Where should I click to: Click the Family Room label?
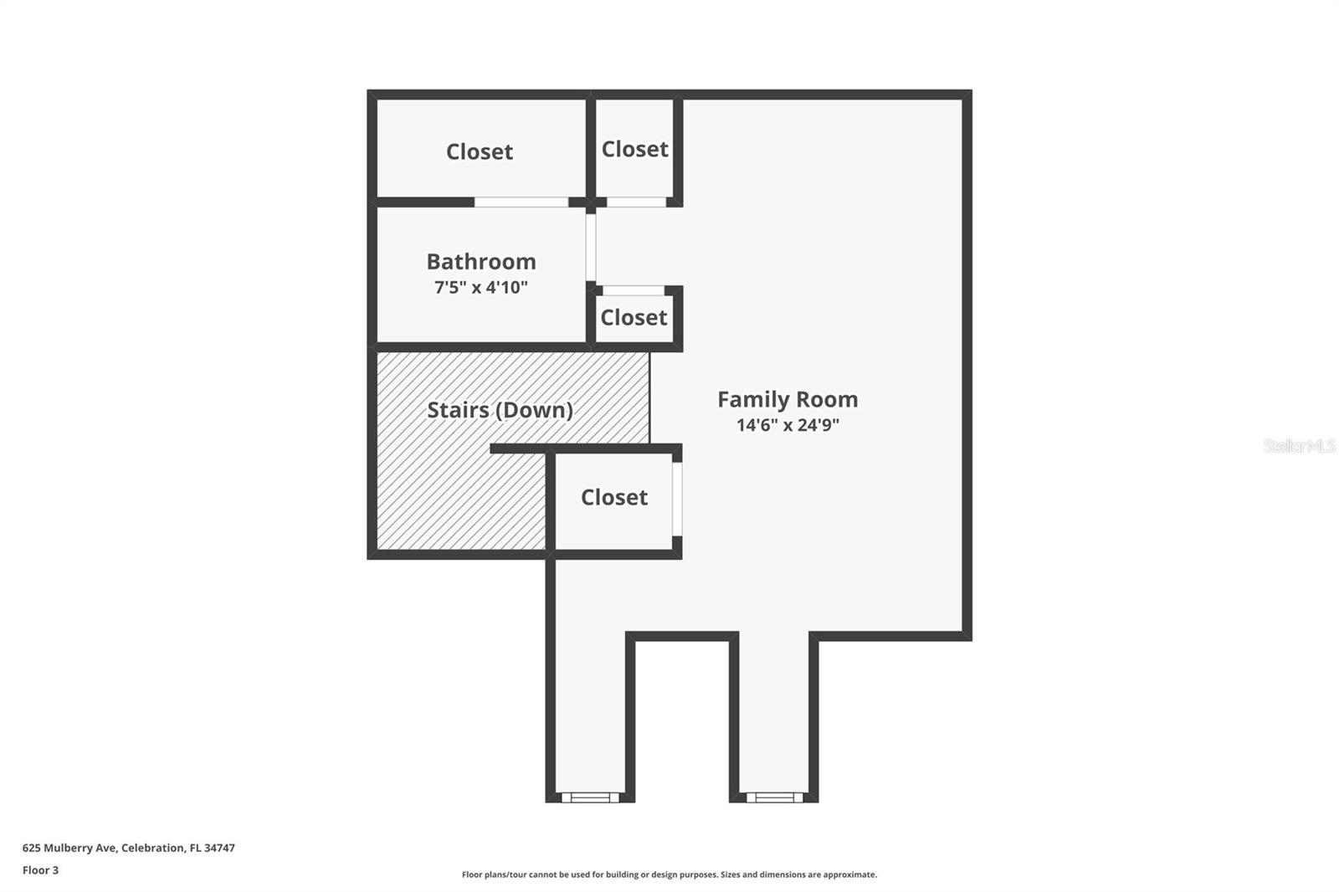(x=787, y=400)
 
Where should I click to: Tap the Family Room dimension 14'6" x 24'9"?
(x=787, y=425)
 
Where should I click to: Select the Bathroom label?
(x=481, y=262)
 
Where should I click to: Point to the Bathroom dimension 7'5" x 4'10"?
(x=481, y=288)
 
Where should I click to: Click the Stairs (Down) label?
(x=500, y=410)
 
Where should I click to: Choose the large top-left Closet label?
(x=480, y=151)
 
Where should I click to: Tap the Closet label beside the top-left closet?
(x=634, y=149)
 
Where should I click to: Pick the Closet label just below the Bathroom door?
(x=634, y=318)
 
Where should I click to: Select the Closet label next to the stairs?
(x=614, y=498)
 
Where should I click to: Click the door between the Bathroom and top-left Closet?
(x=521, y=202)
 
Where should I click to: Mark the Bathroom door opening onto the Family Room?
(x=591, y=248)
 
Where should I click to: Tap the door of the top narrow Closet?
(x=636, y=202)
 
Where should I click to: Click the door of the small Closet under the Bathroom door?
(x=634, y=290)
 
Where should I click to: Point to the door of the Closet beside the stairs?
(x=676, y=498)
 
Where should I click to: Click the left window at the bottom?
(x=590, y=797)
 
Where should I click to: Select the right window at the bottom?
(x=774, y=797)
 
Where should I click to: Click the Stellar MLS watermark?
(x=1299, y=446)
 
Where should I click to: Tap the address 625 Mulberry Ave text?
(x=129, y=848)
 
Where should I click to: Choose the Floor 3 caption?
(x=40, y=870)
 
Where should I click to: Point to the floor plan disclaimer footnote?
(x=669, y=874)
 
